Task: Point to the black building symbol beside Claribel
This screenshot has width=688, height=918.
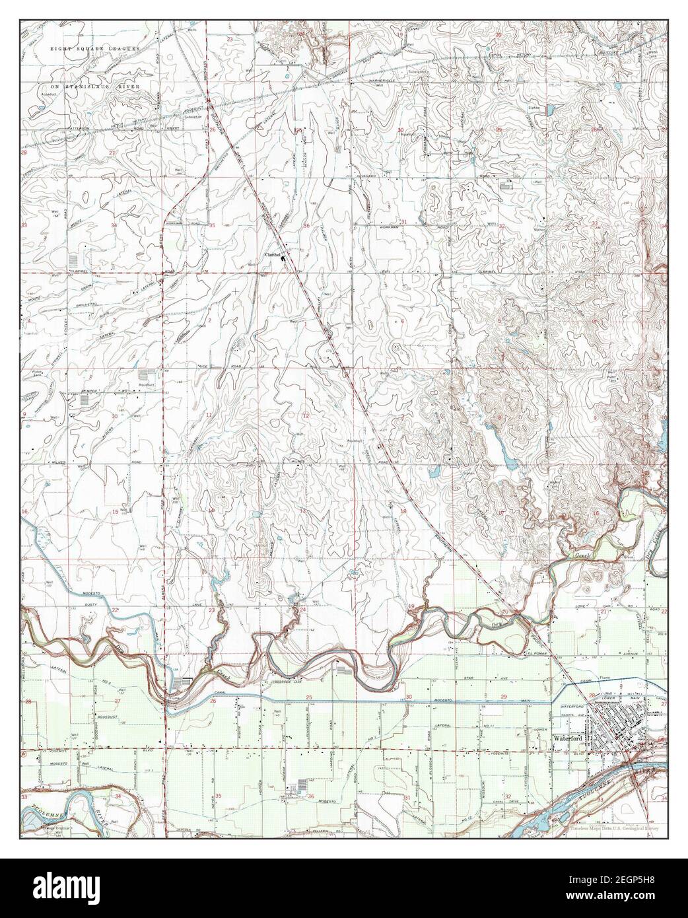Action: pos(284,258)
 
